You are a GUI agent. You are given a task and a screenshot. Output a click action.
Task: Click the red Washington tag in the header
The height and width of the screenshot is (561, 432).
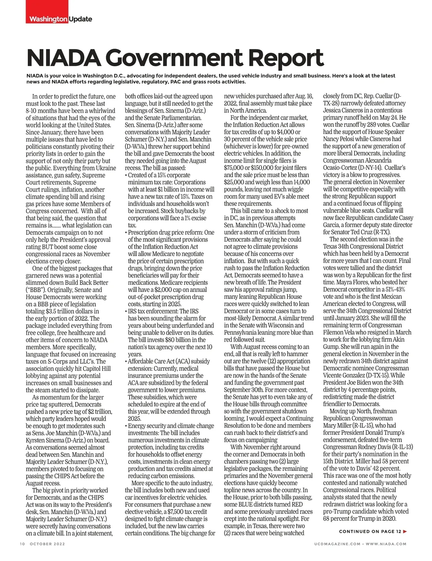click(x=48, y=19)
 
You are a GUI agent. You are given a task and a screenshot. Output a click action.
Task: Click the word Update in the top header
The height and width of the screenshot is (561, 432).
click(x=80, y=19)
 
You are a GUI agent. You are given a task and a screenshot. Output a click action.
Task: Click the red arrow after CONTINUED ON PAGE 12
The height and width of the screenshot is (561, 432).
click(x=405, y=531)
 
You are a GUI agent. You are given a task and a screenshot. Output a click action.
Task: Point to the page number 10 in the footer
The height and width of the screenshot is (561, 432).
click(x=22, y=544)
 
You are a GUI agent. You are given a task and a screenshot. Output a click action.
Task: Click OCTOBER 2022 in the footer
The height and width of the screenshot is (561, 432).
click(x=47, y=544)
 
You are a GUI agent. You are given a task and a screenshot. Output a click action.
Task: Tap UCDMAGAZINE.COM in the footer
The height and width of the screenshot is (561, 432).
click(x=337, y=544)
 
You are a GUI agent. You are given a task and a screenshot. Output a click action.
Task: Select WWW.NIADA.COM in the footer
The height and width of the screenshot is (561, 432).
click(x=386, y=544)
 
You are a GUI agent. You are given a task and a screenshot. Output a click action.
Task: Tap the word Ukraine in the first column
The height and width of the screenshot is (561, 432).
click(x=106, y=168)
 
